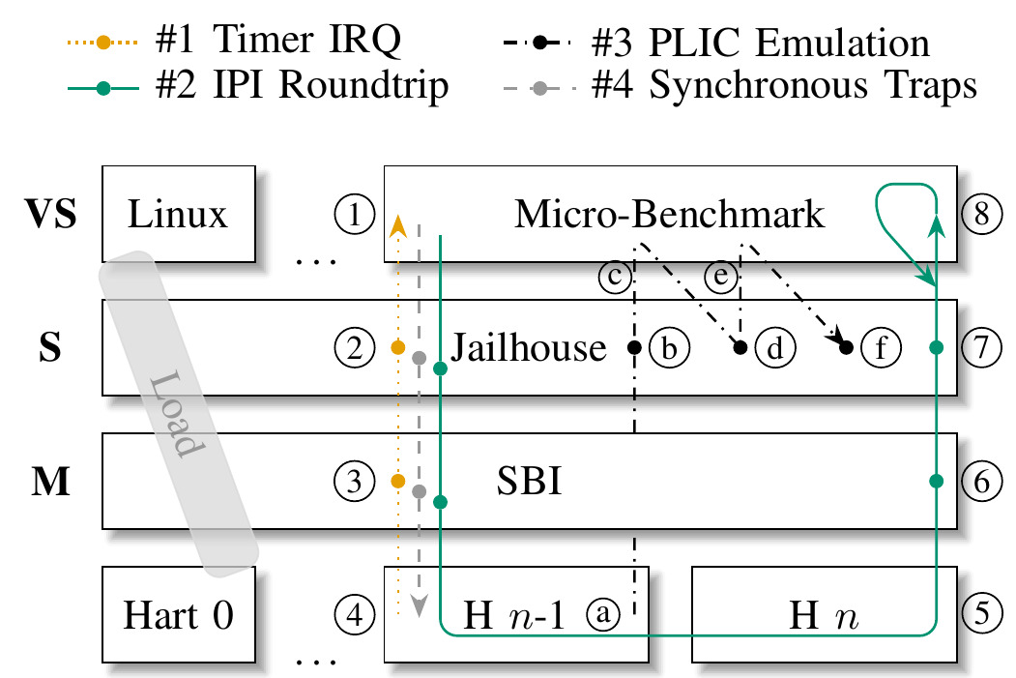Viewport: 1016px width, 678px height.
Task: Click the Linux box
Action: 179,213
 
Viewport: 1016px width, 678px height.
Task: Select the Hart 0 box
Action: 179,614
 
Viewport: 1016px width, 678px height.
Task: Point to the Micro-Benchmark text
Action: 670,213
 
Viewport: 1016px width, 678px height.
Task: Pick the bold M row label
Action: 50,482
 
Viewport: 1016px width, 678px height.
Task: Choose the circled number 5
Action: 980,612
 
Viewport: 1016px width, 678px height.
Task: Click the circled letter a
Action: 605,612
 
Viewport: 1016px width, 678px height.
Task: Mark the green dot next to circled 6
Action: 935,481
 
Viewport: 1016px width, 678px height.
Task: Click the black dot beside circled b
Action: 635,346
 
